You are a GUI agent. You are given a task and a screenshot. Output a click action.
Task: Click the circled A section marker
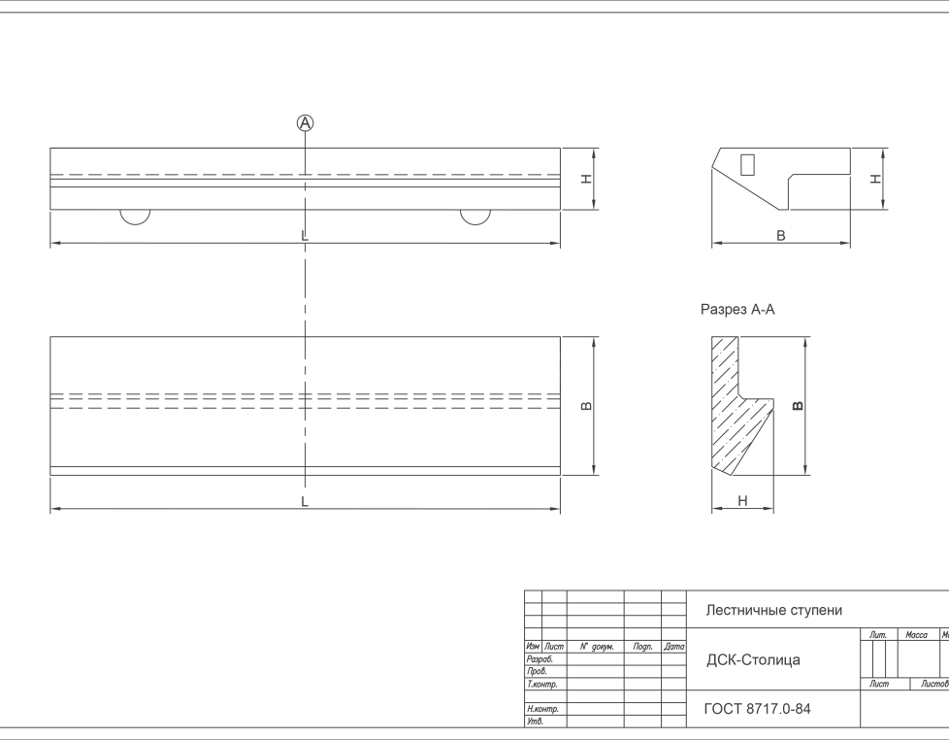306,122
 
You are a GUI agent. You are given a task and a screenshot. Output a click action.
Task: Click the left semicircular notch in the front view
136,216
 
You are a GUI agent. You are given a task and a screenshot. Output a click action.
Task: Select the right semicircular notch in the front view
474,216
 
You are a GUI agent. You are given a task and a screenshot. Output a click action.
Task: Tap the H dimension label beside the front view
585,179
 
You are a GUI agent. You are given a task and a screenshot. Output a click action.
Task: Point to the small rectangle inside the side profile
747,163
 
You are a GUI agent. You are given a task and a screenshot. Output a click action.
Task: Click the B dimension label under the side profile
781,236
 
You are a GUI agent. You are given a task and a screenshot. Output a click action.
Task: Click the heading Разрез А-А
737,310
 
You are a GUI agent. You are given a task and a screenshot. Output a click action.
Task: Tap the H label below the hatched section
742,501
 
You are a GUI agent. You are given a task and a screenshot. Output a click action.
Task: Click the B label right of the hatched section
797,406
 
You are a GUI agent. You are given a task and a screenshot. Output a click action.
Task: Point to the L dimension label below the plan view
305,502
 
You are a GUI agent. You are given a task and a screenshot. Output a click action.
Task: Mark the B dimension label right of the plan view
586,406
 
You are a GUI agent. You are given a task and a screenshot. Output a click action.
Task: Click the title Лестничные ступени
773,611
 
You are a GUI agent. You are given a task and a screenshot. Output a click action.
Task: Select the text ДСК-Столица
753,660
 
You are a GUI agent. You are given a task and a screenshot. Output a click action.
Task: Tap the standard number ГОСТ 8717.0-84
757,709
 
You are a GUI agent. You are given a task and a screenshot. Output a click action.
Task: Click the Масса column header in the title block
916,635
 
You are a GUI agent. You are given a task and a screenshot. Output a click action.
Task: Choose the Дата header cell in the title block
674,647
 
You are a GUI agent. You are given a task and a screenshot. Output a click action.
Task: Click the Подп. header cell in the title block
642,647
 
